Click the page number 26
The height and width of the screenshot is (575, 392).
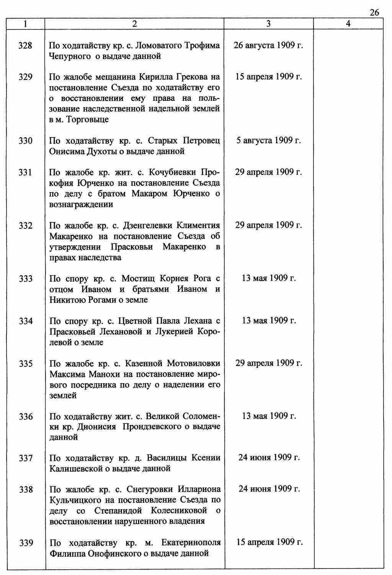tap(374, 13)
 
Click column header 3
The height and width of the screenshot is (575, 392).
tap(268, 24)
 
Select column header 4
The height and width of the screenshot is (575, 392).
tap(348, 24)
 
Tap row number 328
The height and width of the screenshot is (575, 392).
tap(26, 46)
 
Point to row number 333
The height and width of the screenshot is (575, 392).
tap(26, 279)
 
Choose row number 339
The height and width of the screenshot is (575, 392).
tap(26, 543)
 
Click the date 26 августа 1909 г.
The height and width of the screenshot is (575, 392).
tap(268, 46)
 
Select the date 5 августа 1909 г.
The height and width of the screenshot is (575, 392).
tap(268, 141)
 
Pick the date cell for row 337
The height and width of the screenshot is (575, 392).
tap(269, 457)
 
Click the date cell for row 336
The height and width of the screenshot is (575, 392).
tap(269, 416)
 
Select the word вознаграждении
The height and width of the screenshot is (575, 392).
tap(81, 204)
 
